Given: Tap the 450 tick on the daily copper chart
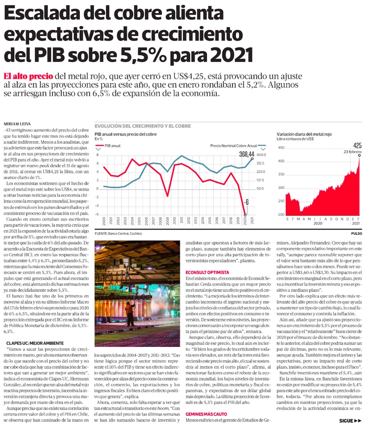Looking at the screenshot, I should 281,148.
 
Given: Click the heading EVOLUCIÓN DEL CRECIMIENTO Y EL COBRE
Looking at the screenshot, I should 142,126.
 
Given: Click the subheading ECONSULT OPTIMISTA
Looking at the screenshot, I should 207,272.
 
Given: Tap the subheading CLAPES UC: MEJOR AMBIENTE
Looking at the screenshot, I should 35,343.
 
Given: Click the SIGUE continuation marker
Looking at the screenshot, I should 350,421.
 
